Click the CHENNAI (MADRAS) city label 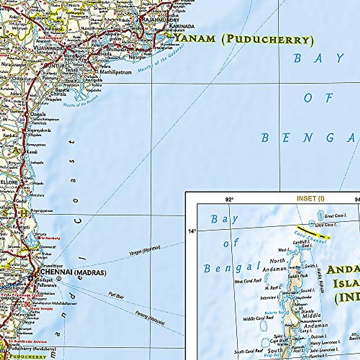73,272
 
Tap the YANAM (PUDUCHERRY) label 244,39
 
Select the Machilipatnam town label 116,72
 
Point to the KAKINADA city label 182,26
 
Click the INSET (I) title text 310,199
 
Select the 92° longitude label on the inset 229,199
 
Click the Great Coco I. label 336,215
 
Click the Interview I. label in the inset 268,298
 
